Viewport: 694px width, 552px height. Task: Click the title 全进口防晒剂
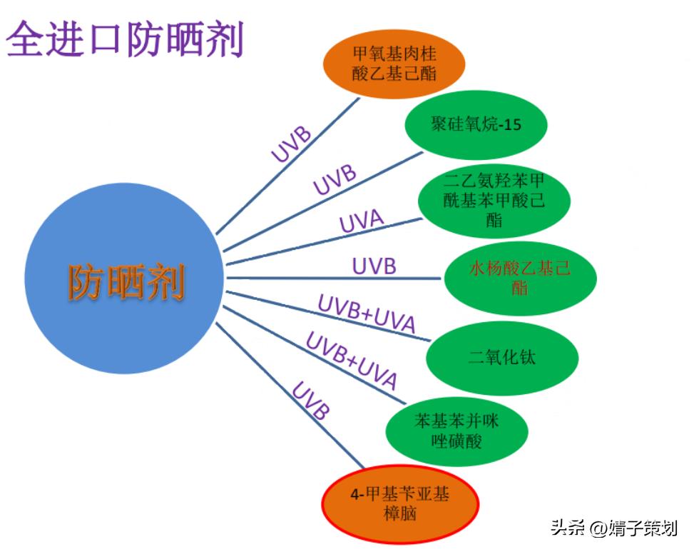tap(125, 39)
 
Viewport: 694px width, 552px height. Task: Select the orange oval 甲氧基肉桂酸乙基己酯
tap(394, 63)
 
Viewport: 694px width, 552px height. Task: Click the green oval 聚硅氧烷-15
tap(476, 125)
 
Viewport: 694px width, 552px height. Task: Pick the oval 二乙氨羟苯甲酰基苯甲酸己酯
tap(494, 200)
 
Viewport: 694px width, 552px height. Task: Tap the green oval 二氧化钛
tap(501, 357)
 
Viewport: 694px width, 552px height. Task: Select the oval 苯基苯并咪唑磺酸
tap(456, 431)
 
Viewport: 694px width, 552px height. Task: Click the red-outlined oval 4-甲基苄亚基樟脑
tap(399, 504)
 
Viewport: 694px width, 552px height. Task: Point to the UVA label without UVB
tap(362, 221)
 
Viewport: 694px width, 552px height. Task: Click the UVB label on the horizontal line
tap(374, 266)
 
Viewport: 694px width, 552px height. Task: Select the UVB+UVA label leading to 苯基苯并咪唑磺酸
tap(351, 360)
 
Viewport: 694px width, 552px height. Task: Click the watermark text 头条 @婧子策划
tap(613, 528)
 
